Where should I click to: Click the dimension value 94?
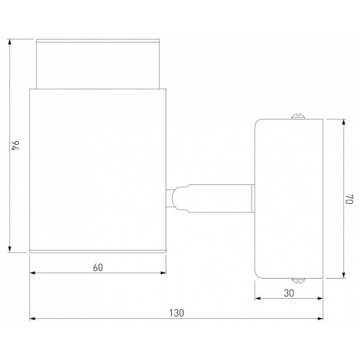[x=16, y=145]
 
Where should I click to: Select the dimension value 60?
[x=98, y=268]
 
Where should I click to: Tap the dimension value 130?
[x=176, y=313]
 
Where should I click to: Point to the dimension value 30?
[x=289, y=293]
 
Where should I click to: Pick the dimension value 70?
[x=349, y=199]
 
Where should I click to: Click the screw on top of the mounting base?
[x=298, y=116]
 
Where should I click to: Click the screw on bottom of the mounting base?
[x=298, y=281]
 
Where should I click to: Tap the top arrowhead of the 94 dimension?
[x=9, y=42]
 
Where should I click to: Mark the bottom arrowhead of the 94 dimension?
[x=9, y=249]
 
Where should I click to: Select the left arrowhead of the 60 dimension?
[x=32, y=273]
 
